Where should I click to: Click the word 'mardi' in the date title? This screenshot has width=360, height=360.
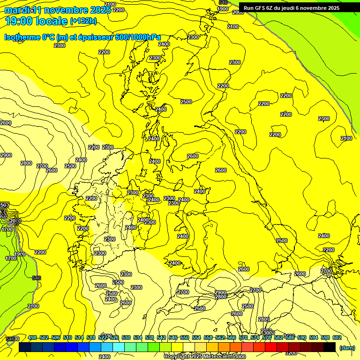click(16, 10)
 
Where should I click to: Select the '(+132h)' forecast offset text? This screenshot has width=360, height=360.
click(83, 21)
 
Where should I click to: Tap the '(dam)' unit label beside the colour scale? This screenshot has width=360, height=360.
click(346, 347)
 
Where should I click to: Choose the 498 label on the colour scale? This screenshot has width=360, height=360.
click(32, 337)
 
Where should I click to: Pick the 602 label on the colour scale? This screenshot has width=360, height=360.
click(336, 337)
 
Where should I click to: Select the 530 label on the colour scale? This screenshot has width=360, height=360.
click(126, 337)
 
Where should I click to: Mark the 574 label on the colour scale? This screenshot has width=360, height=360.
click(255, 337)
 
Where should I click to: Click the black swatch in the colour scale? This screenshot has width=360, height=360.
click(330, 347)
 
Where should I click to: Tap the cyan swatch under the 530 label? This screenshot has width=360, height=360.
click(119, 347)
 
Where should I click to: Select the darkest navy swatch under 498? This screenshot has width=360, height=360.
click(25, 347)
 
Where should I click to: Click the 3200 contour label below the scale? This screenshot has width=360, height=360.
click(291, 353)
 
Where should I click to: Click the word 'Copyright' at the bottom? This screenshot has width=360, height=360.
click(176, 356)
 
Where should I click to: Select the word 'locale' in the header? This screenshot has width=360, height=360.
click(52, 21)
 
